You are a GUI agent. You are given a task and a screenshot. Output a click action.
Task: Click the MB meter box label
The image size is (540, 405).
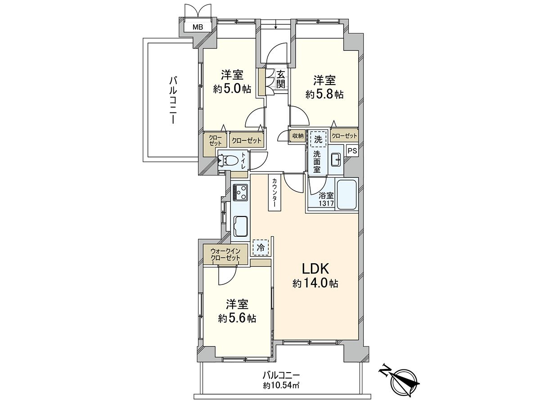[x=198, y=27]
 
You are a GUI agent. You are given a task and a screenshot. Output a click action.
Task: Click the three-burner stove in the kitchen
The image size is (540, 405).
[x=240, y=193]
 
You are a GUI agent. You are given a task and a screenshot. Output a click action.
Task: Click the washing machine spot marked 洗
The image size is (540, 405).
[x=318, y=139]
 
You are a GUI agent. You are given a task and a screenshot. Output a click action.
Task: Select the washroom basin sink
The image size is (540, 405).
[x=335, y=159]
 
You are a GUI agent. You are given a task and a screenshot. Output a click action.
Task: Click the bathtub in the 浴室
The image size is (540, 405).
[x=347, y=194]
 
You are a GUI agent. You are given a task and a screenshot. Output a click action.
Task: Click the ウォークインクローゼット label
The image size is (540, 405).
[x=225, y=254]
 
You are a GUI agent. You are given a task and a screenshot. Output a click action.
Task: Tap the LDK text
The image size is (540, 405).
[x=316, y=269]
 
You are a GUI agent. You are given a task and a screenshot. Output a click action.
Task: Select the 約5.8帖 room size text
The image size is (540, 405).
[x=324, y=94]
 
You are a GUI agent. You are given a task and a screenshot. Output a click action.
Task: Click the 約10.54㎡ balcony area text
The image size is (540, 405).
[x=281, y=385]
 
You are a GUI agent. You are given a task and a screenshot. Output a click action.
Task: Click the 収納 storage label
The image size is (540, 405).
[x=297, y=135]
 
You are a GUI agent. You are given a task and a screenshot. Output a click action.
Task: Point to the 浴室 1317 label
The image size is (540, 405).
[x=326, y=199]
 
